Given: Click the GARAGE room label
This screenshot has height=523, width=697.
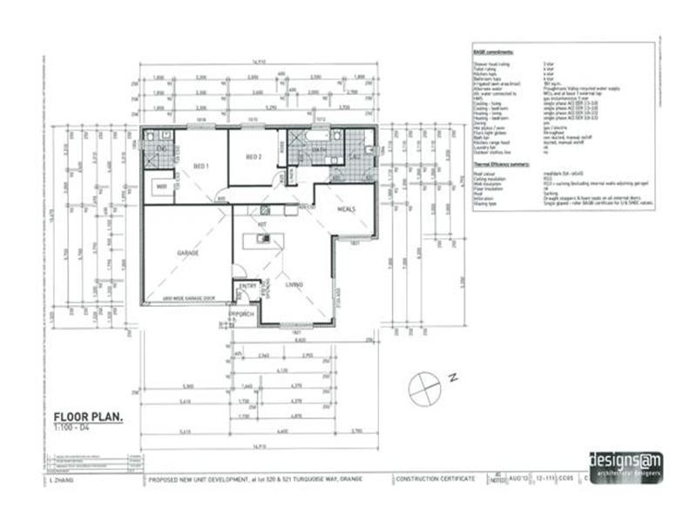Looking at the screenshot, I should (x=188, y=252).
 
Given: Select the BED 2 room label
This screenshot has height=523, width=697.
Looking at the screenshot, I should (x=254, y=157).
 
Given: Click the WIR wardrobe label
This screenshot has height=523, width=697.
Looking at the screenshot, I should (x=162, y=186).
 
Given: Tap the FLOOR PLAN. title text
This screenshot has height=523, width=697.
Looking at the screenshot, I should (x=88, y=418).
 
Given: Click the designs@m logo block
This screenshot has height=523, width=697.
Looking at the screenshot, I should (x=625, y=464).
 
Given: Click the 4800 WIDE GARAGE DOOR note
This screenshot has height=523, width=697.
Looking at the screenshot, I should (x=187, y=298).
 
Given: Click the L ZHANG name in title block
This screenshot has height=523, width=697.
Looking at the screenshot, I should (x=58, y=479).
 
